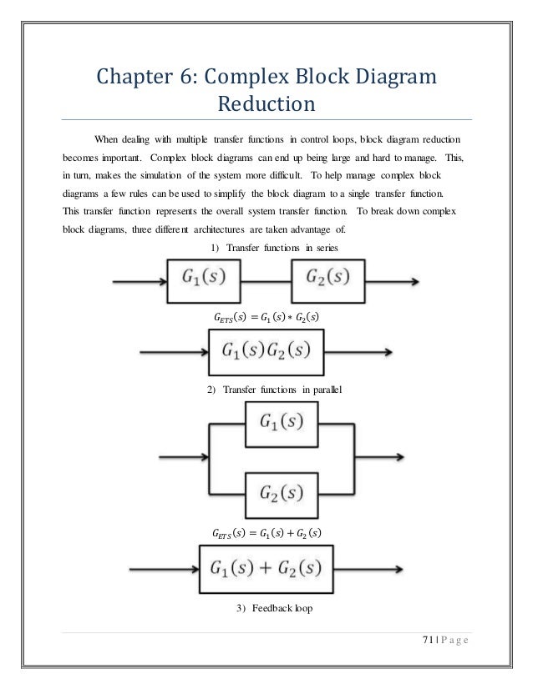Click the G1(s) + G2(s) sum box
point(265,570)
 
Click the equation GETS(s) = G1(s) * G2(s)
point(266,316)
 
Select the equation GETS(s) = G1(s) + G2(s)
point(266,531)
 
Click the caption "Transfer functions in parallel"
point(269,390)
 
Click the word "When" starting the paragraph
point(106,138)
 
